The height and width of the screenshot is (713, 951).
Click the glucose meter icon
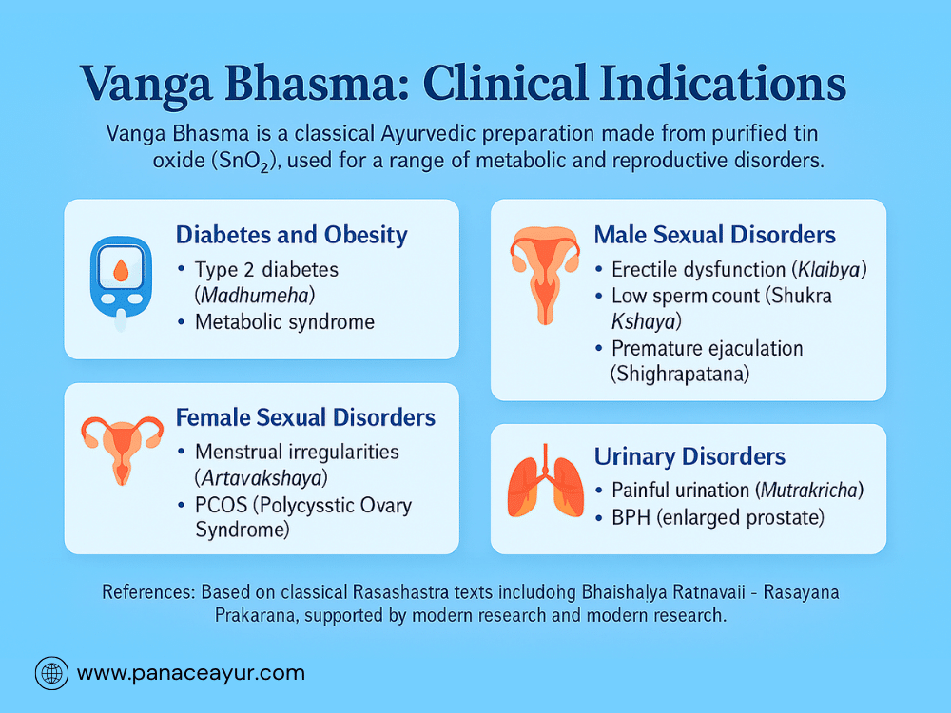coord(121,283)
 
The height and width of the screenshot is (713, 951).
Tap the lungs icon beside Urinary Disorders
coord(545,481)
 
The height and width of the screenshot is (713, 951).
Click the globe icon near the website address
coord(51,673)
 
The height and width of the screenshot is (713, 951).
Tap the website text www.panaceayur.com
coord(191,673)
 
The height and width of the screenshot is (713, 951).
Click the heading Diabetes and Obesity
coord(291,235)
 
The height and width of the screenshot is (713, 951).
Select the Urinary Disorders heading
coord(689,456)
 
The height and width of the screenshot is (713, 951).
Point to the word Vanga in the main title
coord(146,85)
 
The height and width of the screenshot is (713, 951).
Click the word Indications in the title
coord(723,83)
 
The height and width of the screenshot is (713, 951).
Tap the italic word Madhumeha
coord(255,296)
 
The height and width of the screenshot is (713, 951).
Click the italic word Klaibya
coord(829,269)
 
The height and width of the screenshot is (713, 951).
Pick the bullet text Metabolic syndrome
coord(284,322)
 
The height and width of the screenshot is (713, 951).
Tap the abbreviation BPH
coord(631,518)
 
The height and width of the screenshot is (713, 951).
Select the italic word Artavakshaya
coord(261,478)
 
